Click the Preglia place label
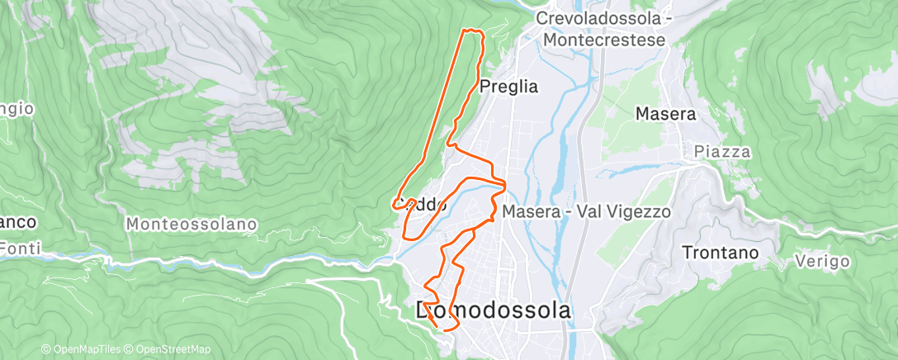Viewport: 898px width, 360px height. click(x=508, y=87)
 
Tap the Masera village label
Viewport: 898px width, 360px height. click(x=665, y=115)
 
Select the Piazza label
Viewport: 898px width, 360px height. click(x=722, y=152)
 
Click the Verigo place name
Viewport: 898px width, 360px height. click(x=823, y=261)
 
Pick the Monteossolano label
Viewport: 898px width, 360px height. click(x=192, y=224)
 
